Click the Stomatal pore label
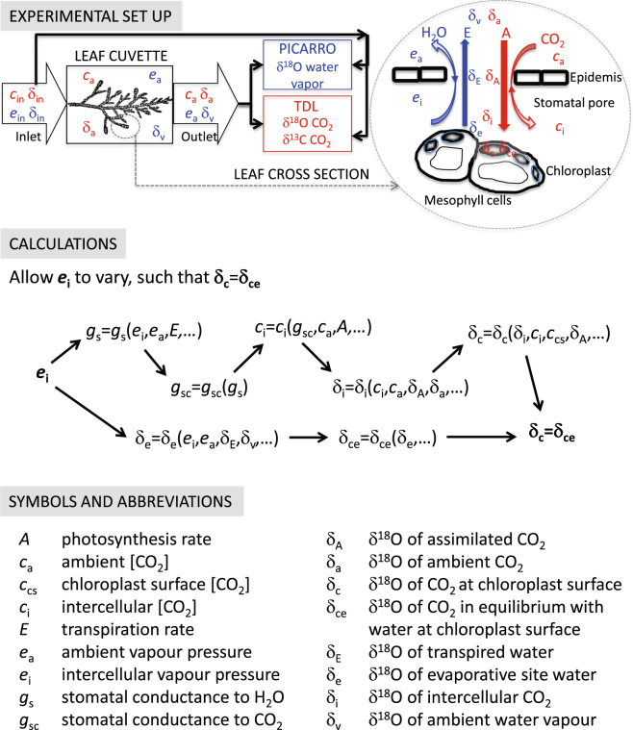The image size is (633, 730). pos(572,97)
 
